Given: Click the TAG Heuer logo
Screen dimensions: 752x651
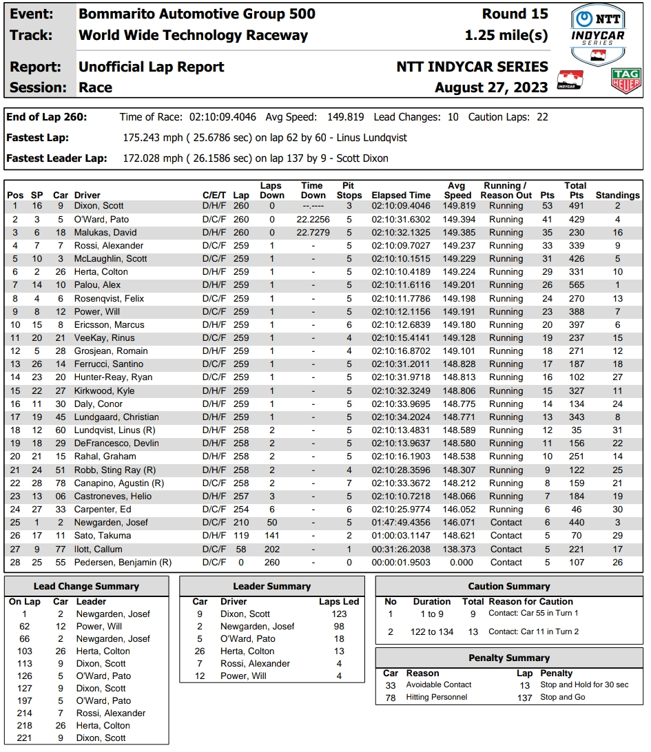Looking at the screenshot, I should (x=626, y=81).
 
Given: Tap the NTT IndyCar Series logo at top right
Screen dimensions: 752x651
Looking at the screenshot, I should (x=598, y=34).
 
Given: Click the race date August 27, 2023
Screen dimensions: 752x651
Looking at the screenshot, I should (x=491, y=87).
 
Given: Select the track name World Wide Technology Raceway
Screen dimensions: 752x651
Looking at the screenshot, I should (x=194, y=36).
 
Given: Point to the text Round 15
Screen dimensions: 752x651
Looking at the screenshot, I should (x=515, y=14).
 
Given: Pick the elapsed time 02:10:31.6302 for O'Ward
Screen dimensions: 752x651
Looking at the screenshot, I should (x=401, y=219).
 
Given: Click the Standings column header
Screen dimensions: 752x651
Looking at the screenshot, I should (x=618, y=195).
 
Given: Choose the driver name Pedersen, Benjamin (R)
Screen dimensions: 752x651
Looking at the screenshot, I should (x=123, y=563).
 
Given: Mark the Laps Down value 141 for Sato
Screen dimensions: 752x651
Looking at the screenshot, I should (x=272, y=536).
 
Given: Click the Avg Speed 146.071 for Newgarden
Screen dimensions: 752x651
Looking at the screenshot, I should (x=459, y=523).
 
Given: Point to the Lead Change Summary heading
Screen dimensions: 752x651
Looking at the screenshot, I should (x=86, y=586).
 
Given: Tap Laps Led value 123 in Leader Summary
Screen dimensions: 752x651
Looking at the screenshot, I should (x=339, y=614).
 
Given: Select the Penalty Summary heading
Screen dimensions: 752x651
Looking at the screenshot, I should (x=509, y=658).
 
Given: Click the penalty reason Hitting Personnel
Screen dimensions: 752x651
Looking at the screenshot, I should (x=437, y=697).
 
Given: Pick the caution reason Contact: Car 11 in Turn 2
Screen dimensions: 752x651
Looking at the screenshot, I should (x=533, y=631).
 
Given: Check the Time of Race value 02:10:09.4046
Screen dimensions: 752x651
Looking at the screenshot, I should (x=223, y=117).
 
